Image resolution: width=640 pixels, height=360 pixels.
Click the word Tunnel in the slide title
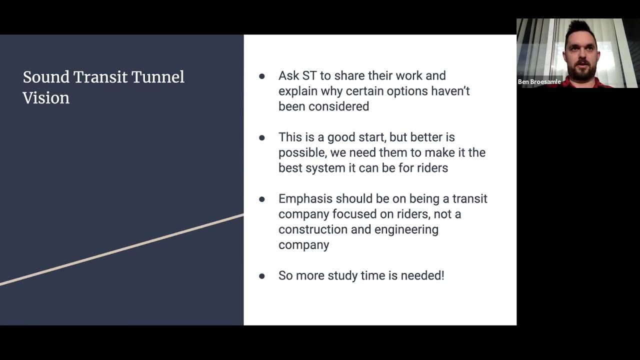[x=157, y=77]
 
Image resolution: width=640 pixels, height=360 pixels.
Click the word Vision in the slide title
[x=46, y=98]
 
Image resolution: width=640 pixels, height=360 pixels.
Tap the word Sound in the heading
[x=46, y=77]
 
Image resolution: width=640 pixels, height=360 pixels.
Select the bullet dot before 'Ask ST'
[x=261, y=76]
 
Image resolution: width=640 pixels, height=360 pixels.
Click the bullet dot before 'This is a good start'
[x=261, y=137]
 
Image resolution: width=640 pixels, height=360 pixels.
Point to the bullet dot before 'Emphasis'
[x=261, y=199]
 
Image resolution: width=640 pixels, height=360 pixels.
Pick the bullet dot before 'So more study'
[x=261, y=276]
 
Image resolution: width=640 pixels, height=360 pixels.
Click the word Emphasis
[x=305, y=199]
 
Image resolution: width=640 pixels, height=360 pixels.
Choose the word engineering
[x=406, y=229]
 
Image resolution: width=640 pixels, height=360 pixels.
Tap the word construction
[x=313, y=229]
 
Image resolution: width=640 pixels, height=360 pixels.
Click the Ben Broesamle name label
[x=539, y=81]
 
